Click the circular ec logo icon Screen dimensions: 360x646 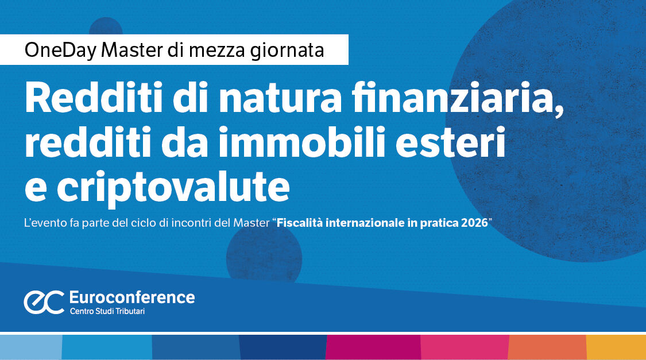(x=44, y=302)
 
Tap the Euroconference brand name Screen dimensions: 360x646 (x=131, y=297)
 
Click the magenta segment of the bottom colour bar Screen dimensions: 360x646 (x=373, y=347)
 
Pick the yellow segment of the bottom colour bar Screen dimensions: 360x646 (x=616, y=347)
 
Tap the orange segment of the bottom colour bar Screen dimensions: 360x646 (x=547, y=347)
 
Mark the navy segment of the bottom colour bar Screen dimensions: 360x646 (x=283, y=347)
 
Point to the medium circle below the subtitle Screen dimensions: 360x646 (x=264, y=253)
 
